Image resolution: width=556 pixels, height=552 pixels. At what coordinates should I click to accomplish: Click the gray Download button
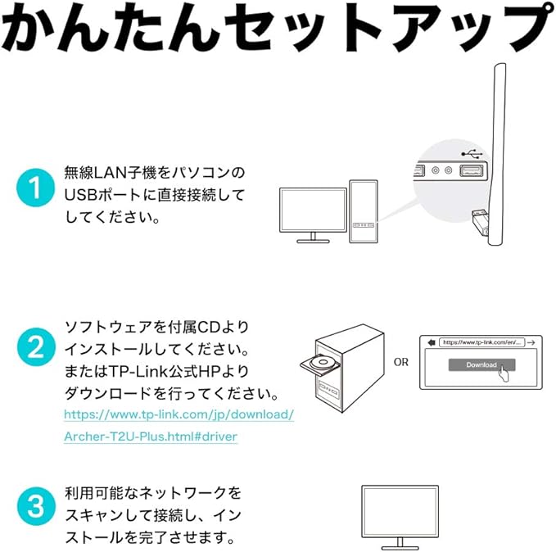tap(481, 365)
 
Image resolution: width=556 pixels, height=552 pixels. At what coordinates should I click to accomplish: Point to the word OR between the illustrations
tap(400, 361)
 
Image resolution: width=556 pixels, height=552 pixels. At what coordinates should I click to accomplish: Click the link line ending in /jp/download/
tap(179, 414)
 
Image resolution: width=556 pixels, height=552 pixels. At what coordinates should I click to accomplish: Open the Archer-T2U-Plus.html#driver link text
tap(151, 437)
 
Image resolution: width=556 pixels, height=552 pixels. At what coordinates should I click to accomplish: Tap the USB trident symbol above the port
tap(471, 153)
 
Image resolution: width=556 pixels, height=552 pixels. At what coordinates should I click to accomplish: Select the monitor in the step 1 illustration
tap(311, 211)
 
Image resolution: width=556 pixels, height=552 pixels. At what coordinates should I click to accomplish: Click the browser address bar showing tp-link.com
tap(480, 342)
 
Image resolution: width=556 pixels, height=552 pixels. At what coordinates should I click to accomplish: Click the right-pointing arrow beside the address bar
tap(531, 342)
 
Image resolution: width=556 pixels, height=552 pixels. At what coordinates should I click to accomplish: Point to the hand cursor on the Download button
tap(504, 372)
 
